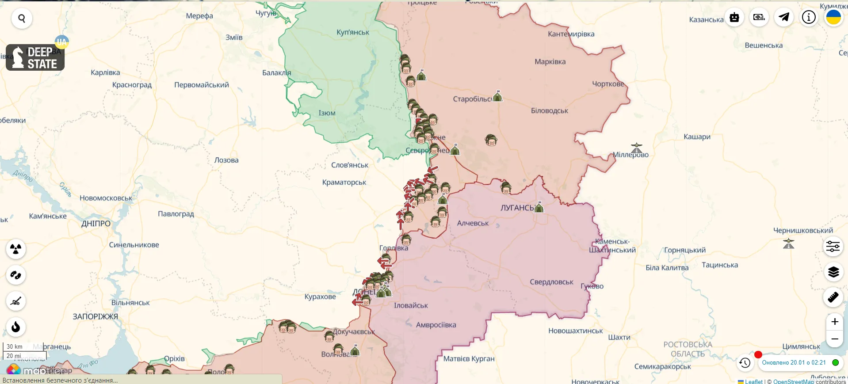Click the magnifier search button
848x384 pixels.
click(22, 19)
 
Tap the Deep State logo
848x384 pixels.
click(35, 57)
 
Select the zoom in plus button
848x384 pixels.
click(834, 322)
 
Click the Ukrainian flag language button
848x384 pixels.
click(833, 17)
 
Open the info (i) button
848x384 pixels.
click(809, 17)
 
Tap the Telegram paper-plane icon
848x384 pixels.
click(784, 17)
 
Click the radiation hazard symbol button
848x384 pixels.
click(16, 249)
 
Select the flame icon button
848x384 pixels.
click(16, 327)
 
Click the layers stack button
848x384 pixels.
click(833, 272)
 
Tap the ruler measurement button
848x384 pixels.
click(833, 297)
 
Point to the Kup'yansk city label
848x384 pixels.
click(353, 32)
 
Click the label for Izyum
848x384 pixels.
click(327, 113)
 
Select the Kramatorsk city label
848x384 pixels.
click(344, 182)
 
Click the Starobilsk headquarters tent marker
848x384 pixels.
click(497, 96)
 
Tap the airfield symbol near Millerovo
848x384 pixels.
click(636, 148)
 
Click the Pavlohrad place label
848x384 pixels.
click(176, 214)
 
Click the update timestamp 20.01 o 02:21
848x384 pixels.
click(794, 362)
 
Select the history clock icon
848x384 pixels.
click(745, 363)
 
